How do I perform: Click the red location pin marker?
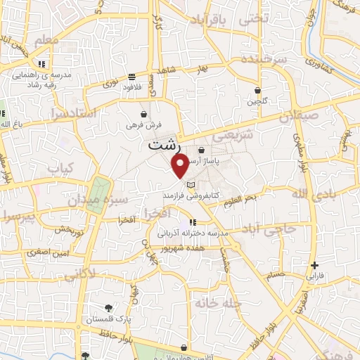coord(181,166)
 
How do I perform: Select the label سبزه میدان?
coord(127,200)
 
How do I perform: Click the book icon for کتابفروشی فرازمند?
coord(190,184)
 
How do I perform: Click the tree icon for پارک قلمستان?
coord(108,307)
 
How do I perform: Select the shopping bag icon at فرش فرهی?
coord(143,114)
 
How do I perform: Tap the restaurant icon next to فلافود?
coord(131,77)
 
